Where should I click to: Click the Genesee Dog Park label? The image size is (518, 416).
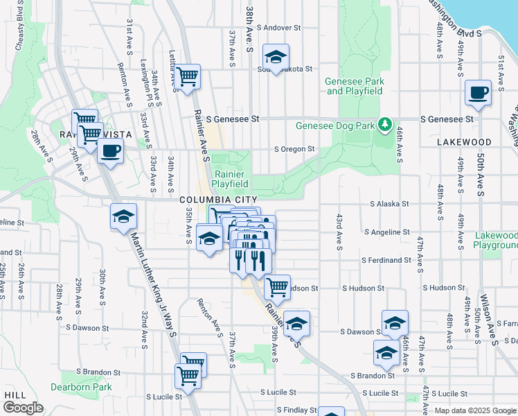tap(334, 126)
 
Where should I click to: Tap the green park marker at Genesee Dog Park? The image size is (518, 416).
tap(384, 125)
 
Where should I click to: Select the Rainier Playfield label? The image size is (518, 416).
tap(230, 180)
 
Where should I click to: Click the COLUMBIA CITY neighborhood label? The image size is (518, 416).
tap(213, 200)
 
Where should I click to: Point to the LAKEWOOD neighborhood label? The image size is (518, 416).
tap(464, 142)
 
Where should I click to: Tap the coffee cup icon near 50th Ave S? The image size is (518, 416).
tap(478, 92)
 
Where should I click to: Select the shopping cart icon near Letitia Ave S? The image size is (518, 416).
tap(187, 76)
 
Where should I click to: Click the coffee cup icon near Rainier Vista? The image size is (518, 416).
tap(110, 150)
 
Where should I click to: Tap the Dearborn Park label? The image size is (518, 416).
tap(82, 387)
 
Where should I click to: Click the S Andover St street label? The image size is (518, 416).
tap(278, 28)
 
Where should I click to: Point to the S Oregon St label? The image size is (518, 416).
tap(294, 149)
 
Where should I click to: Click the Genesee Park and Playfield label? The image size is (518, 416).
tap(355, 86)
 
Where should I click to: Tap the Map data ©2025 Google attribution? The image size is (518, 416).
tap(475, 410)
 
